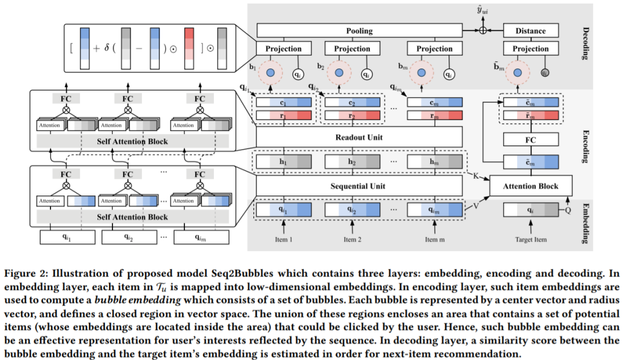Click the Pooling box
[359, 31]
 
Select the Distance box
[530, 31]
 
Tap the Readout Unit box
[359, 137]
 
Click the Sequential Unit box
[359, 186]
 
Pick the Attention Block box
[530, 186]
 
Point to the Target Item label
[530, 239]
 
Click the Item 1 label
[284, 239]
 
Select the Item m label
[434, 239]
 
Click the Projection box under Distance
[530, 49]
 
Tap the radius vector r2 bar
[352, 116]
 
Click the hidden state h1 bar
[284, 162]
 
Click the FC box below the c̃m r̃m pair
[530, 139]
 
